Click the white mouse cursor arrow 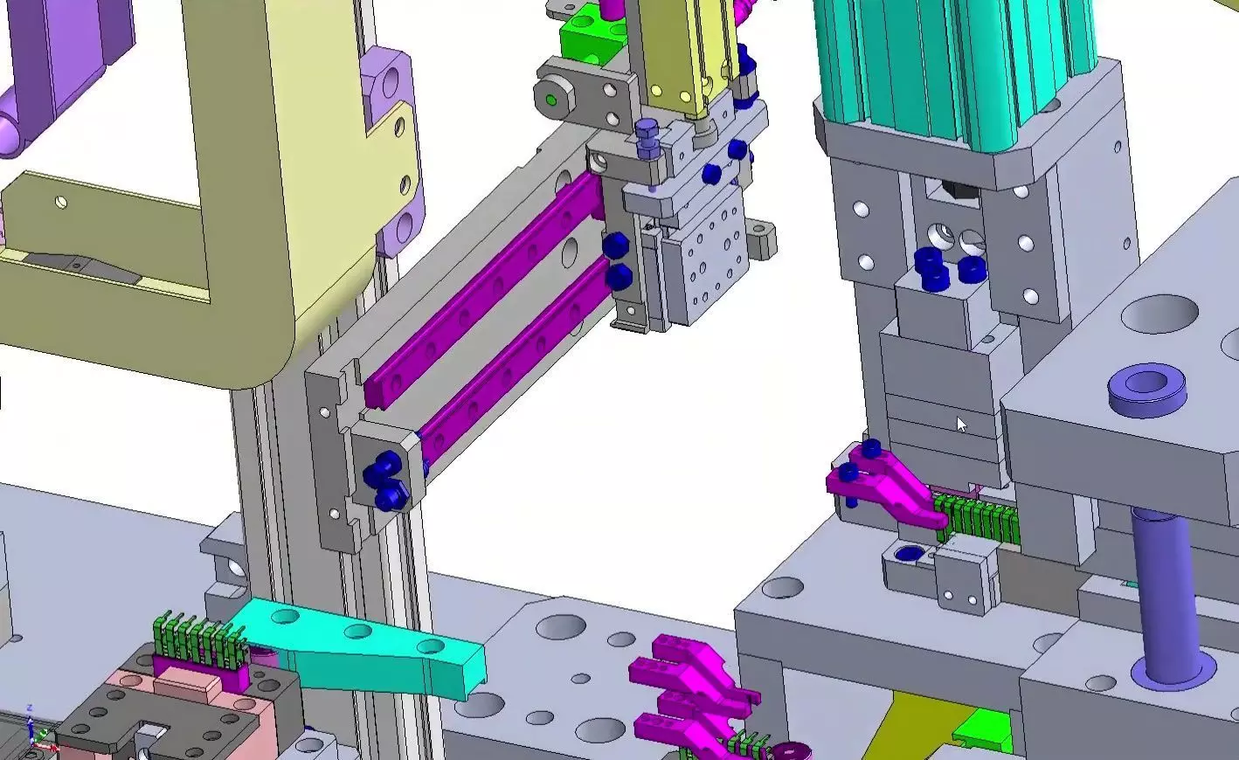(x=961, y=425)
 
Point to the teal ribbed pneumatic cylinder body (x=952, y=70)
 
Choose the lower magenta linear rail (x=516, y=349)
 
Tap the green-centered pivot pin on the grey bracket (x=551, y=100)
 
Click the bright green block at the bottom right (x=983, y=729)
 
